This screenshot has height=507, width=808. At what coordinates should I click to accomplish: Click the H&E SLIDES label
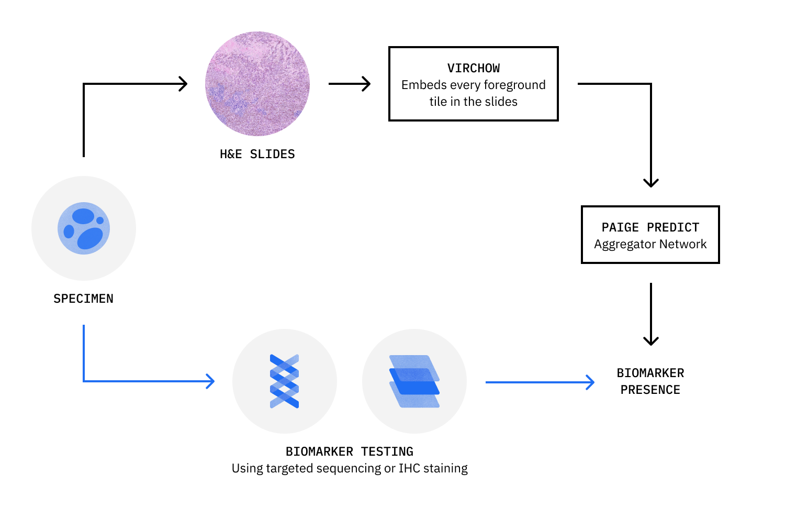257,154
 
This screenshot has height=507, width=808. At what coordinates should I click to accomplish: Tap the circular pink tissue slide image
257,84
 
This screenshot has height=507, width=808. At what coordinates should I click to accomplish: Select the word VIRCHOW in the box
473,68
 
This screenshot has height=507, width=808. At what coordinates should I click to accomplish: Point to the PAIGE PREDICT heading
650,227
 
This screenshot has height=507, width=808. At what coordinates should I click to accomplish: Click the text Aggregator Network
650,244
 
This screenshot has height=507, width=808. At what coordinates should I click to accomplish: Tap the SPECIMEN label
83,299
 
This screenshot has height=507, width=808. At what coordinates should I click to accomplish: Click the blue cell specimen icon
84,228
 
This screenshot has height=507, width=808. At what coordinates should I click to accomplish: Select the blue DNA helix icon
284,381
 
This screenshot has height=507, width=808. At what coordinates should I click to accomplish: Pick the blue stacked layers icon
414,381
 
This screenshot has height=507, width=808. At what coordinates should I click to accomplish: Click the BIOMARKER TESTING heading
349,451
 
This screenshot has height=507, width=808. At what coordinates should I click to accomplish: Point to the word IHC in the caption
409,468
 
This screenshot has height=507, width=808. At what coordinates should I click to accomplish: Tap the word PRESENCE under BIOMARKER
650,390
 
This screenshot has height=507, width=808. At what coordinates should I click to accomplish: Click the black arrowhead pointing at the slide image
183,84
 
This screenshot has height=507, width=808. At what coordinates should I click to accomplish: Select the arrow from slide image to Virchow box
350,84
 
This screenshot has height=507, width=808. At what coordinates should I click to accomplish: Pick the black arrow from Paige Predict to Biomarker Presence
650,314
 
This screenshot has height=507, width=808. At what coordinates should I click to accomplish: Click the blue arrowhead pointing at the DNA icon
210,381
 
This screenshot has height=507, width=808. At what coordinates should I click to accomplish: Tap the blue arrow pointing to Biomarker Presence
540,382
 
